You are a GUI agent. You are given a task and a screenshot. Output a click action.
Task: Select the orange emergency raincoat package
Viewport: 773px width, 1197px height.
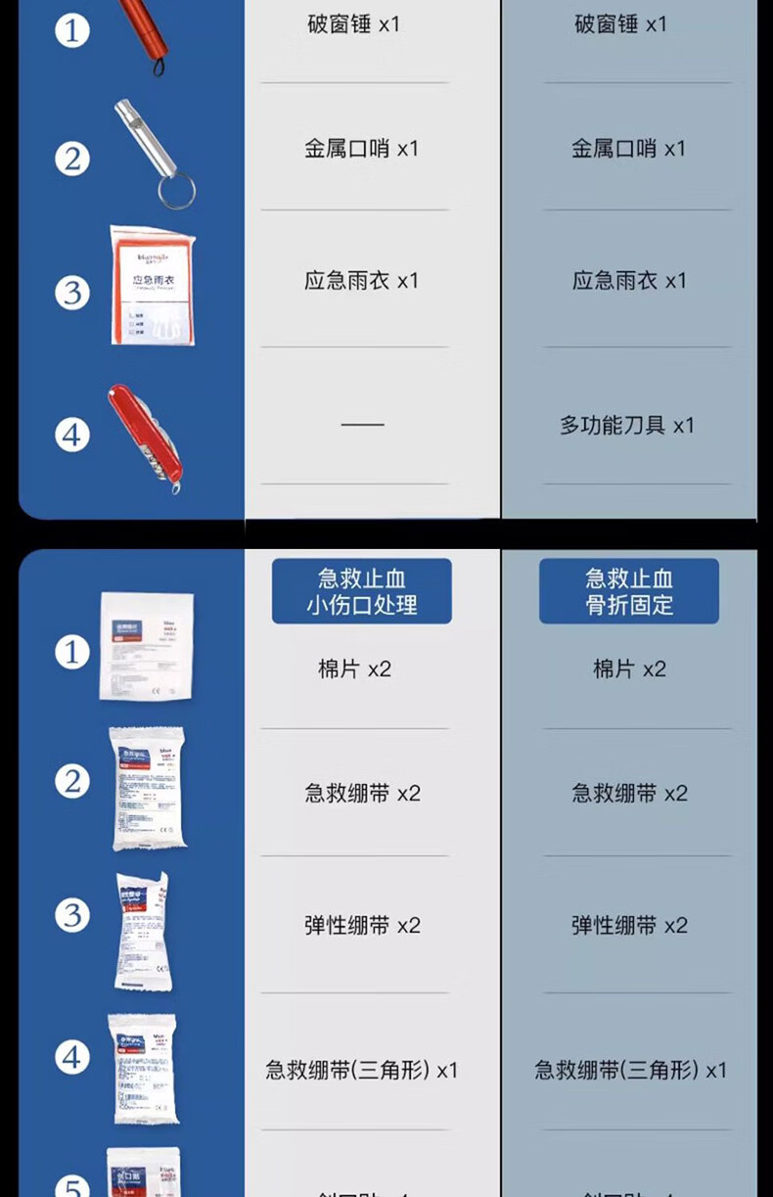152,286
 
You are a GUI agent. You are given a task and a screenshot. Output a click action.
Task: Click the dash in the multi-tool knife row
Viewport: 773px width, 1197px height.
362,425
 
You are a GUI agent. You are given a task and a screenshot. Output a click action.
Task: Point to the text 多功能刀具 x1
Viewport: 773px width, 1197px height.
626,425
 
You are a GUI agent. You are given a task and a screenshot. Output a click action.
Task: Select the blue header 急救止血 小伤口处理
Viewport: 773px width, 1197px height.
361,591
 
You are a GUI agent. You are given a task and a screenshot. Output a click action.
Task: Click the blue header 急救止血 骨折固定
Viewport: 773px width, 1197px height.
629,591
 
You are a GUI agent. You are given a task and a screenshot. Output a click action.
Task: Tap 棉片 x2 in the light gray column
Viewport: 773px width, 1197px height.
354,669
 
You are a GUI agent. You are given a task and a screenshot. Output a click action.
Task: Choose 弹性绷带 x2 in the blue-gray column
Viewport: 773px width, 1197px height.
629,926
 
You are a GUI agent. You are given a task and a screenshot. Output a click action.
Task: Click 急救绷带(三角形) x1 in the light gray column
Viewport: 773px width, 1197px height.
361,1070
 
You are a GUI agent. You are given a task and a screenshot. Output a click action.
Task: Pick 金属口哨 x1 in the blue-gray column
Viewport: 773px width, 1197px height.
629,149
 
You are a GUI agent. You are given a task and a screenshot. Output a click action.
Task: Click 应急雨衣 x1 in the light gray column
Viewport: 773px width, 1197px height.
361,281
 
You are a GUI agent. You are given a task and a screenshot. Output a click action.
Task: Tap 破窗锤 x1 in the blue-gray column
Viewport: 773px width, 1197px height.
620,24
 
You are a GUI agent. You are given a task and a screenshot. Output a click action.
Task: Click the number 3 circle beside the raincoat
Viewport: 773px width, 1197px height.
71,293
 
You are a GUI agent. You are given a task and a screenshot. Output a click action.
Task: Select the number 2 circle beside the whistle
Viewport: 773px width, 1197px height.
71,159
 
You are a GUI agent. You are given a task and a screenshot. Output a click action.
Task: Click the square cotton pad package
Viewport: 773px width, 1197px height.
146,646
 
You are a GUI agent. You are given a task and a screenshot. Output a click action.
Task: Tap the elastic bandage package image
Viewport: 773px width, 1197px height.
143,930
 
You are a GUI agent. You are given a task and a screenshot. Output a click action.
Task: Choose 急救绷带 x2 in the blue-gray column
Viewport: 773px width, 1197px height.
629,794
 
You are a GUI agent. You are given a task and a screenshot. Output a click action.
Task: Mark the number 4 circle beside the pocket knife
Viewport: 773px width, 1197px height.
71,434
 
